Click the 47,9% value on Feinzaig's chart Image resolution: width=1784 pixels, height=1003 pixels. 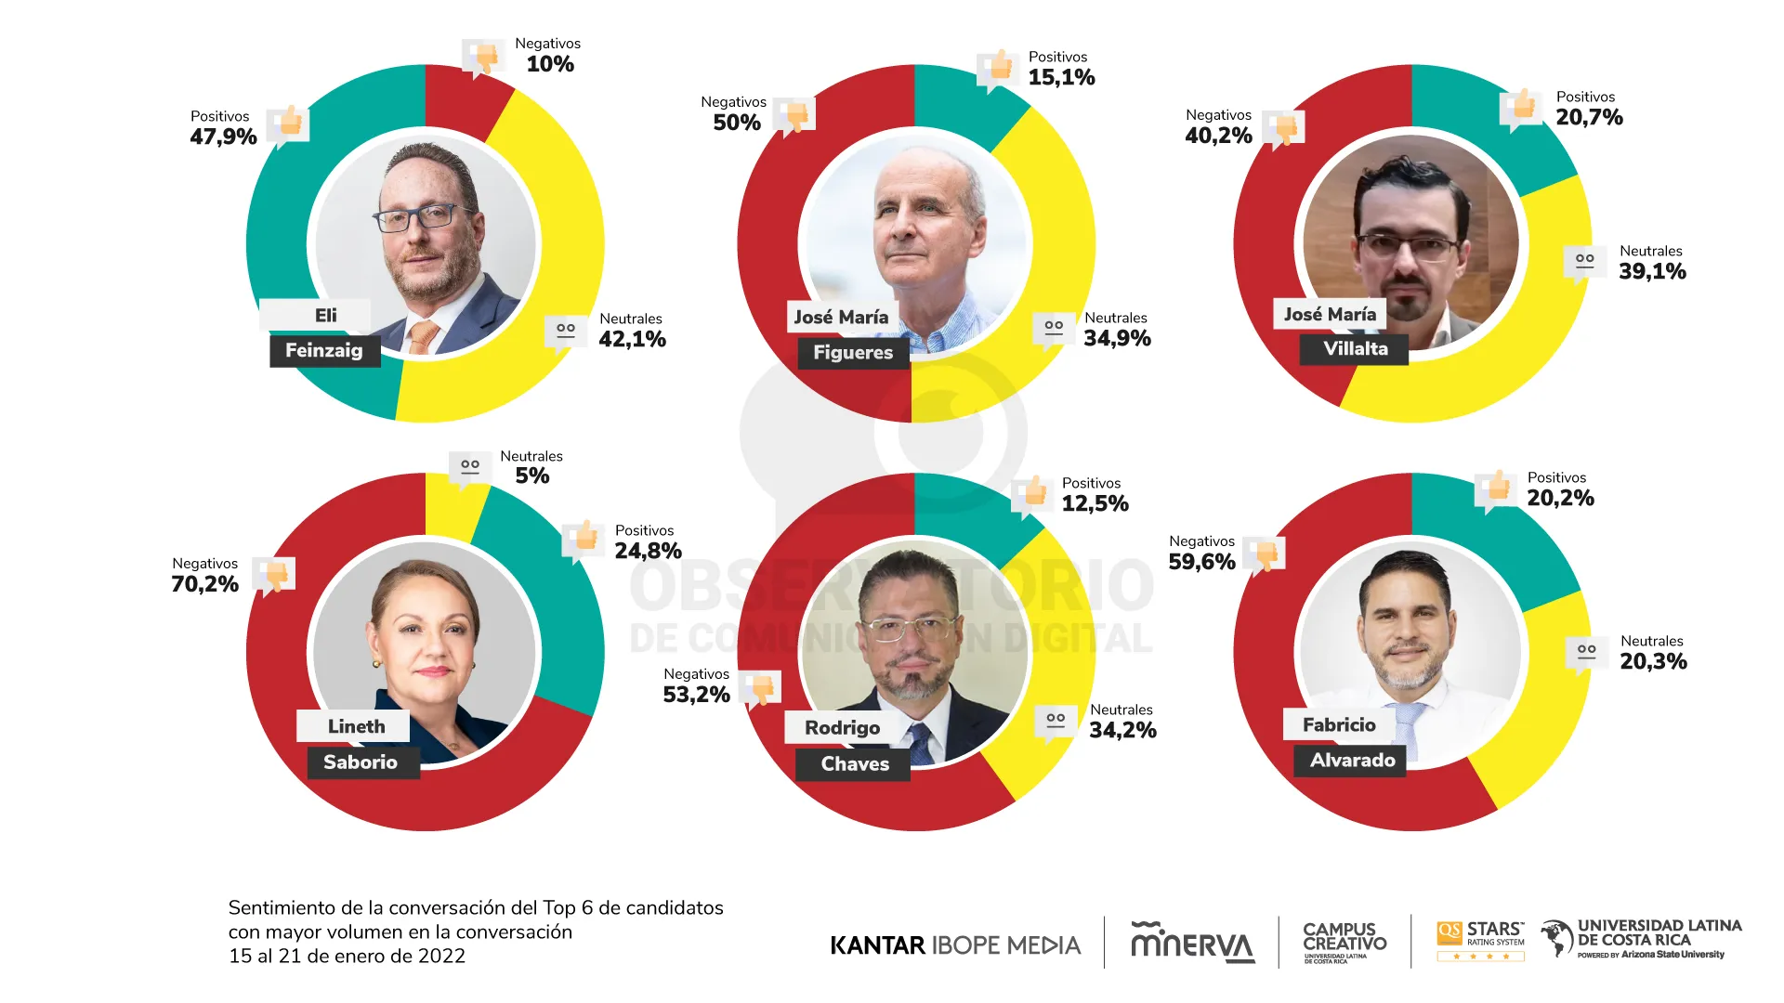[224, 137]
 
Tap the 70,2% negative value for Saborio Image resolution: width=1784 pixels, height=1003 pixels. [205, 584]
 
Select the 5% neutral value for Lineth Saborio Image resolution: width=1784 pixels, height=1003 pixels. [532, 476]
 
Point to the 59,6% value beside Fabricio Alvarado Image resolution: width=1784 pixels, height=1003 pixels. [1202, 562]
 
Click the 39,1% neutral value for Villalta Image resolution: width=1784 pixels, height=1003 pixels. [1652, 271]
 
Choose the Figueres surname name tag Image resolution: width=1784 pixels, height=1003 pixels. [853, 353]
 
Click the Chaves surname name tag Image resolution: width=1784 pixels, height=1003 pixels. [855, 764]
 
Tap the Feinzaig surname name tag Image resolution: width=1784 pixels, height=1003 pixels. [324, 351]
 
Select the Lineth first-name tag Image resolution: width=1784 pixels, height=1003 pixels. [356, 726]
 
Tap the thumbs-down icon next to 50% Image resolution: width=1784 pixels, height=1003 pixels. [795, 117]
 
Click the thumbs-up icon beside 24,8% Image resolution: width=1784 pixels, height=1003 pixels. [584, 538]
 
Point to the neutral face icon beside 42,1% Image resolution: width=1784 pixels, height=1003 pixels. [566, 332]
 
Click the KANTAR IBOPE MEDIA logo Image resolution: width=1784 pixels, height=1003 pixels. [955, 945]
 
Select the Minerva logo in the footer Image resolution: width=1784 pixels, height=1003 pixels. [1192, 944]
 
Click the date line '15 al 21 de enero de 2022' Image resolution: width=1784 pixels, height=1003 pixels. [347, 957]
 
